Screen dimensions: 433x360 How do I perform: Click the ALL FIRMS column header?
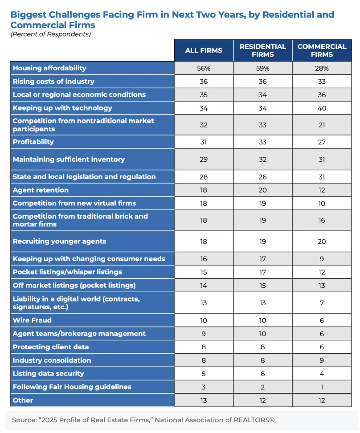pyautogui.click(x=203, y=50)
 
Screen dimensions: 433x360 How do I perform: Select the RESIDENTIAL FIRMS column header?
pyautogui.click(x=262, y=50)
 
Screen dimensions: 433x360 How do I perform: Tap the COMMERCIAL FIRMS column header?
pyautogui.click(x=322, y=50)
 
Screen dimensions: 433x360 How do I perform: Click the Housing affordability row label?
pyautogui.click(x=49, y=68)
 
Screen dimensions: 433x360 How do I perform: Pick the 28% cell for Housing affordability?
pyautogui.click(x=322, y=68)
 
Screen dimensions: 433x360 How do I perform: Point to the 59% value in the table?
pyautogui.click(x=262, y=68)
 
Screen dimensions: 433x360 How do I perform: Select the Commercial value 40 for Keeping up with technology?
pyautogui.click(x=322, y=108)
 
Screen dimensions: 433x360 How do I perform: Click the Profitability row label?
pyautogui.click(x=33, y=142)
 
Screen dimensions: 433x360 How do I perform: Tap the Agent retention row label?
pyautogui.click(x=41, y=190)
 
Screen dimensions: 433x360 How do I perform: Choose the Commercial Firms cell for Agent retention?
pyautogui.click(x=322, y=190)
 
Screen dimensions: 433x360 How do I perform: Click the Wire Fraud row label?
pyautogui.click(x=32, y=320)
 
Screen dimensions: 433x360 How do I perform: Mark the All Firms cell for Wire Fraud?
pyautogui.click(x=203, y=320)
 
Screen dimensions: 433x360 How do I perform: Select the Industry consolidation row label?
pyautogui.click(x=52, y=360)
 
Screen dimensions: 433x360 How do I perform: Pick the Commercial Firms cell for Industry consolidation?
pyautogui.click(x=322, y=360)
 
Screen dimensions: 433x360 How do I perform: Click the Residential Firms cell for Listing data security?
pyautogui.click(x=262, y=373)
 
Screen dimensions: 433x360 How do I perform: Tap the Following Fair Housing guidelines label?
pyautogui.click(x=72, y=387)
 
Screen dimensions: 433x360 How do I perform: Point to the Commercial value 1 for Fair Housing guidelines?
pyautogui.click(x=322, y=387)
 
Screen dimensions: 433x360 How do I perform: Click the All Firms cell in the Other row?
pyautogui.click(x=203, y=400)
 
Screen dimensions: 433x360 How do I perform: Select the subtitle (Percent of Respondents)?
pyautogui.click(x=50, y=34)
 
